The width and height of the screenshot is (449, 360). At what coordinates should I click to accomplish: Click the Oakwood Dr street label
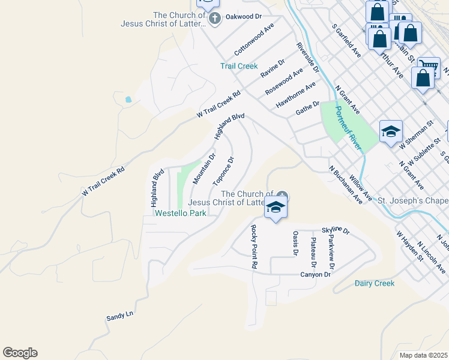pos(244,17)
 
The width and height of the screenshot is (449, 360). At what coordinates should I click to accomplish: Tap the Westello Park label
pos(180,213)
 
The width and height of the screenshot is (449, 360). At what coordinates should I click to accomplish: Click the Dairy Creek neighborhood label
pos(375,283)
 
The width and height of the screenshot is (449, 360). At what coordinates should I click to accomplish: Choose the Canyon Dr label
pos(315,275)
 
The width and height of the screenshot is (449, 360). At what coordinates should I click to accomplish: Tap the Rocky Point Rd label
pos(254,246)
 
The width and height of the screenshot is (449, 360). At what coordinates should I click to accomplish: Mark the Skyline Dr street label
pos(335,230)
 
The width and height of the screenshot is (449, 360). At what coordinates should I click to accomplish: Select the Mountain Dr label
pos(204,169)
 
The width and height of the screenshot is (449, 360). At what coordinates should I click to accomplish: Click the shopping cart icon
pos(428,65)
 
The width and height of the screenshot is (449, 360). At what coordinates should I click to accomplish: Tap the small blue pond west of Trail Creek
pos(128,100)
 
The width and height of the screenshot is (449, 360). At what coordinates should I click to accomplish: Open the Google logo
pos(20,353)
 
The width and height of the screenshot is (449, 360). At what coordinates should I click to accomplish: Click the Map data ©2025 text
pos(423,355)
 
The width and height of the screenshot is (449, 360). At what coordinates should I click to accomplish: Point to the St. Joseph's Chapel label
pos(414,200)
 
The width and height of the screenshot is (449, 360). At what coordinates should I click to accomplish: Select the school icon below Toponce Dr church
pos(276,208)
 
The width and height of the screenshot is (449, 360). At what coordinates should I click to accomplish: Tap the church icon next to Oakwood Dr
pos(215,18)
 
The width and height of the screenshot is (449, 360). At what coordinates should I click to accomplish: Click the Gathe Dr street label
pos(307,109)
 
